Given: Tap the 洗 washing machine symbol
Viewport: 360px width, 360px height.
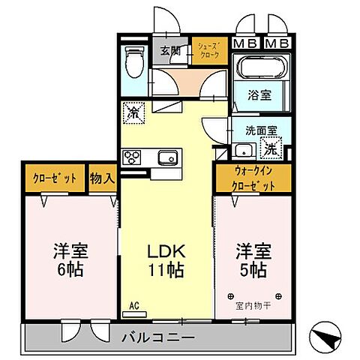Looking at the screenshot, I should point(271,148).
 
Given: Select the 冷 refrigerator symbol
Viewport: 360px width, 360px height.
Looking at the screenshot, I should point(134,113).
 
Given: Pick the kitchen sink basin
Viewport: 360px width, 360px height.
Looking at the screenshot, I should point(167,157).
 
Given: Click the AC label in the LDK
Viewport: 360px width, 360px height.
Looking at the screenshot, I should point(135,305).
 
